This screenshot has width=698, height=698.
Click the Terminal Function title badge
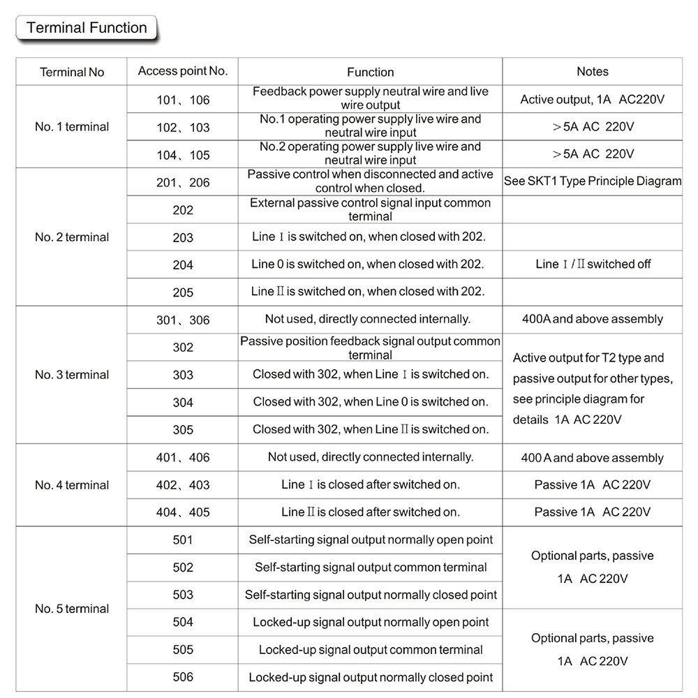[87, 29]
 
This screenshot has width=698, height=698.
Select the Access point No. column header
[183, 71]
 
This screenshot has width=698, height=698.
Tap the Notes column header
[592, 71]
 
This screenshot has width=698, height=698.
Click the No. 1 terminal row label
[72, 127]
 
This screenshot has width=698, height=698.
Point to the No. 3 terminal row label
[72, 375]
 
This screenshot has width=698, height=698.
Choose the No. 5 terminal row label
[72, 609]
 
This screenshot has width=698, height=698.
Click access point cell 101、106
[183, 100]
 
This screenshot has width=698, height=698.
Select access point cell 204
[183, 265]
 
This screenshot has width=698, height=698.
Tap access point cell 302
[183, 348]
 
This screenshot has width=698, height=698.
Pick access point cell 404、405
[183, 512]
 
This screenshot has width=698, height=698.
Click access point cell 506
[183, 677]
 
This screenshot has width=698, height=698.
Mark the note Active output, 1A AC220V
[592, 100]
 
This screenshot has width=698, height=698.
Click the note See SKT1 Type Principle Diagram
[593, 181]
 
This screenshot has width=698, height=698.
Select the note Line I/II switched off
[593, 265]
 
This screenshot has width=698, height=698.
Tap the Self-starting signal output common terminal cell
[371, 567]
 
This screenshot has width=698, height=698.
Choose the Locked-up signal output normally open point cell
[371, 623]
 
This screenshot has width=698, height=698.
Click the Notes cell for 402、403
[593, 485]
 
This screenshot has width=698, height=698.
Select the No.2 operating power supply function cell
[371, 154]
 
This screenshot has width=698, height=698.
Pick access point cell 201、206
[183, 183]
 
